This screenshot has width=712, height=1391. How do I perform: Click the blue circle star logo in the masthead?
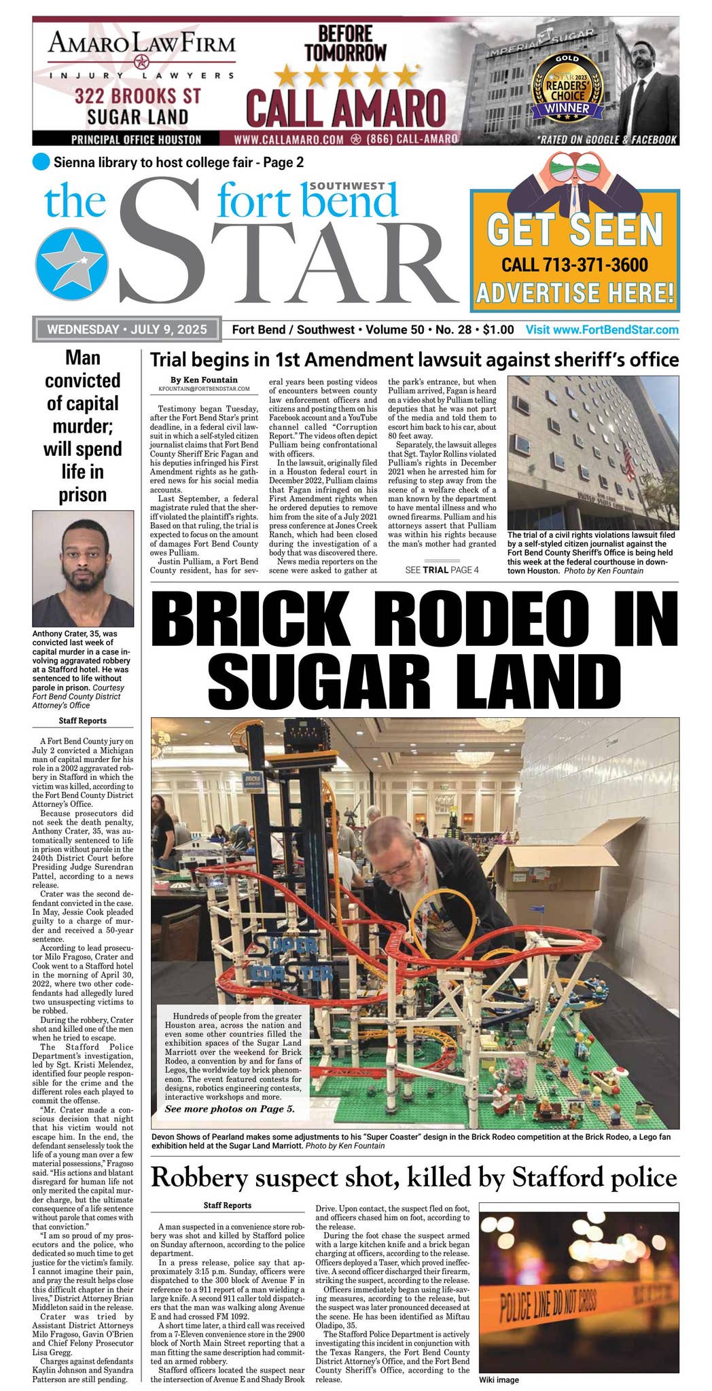71,265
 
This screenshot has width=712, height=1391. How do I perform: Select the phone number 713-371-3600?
574,265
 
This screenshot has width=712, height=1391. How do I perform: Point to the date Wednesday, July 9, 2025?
127,329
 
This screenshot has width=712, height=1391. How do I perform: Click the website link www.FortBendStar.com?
602,329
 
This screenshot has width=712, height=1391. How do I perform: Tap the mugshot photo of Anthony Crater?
83,568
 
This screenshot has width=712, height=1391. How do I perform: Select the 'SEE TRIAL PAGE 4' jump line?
442,570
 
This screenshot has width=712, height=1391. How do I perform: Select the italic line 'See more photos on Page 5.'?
230,1109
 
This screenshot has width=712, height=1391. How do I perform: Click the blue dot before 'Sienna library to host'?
41,162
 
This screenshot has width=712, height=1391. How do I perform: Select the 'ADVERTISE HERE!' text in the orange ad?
575,293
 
